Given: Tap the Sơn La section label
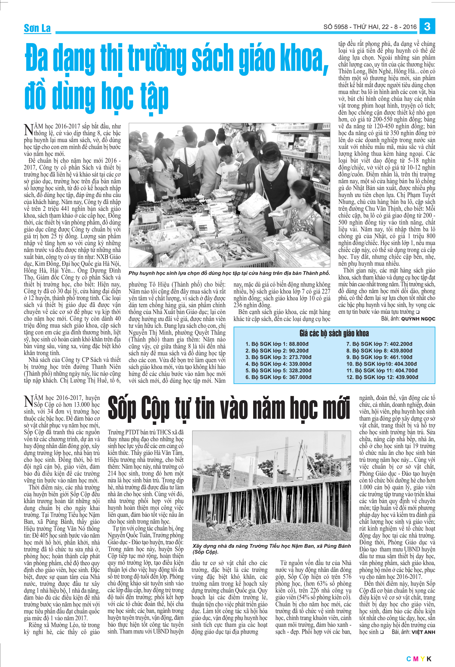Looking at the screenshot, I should pos(37,28).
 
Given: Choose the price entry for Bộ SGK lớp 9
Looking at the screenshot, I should pos(379,357).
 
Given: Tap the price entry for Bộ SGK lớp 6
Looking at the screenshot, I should pos(278,377).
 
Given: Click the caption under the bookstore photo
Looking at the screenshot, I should pos(229,273).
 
